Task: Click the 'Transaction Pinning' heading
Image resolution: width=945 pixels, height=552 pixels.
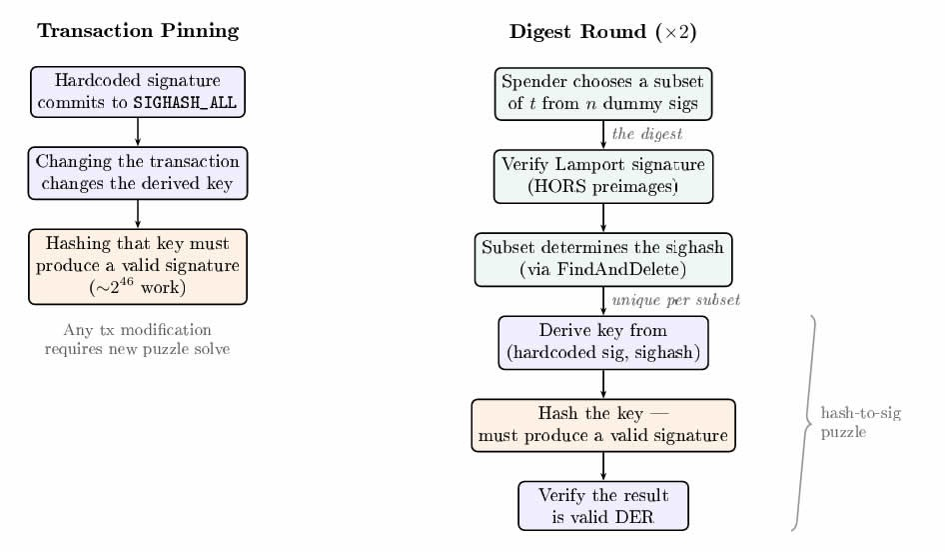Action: (138, 31)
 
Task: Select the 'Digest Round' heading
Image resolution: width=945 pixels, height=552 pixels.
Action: (602, 31)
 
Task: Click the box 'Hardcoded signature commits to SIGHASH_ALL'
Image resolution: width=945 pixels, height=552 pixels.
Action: (138, 92)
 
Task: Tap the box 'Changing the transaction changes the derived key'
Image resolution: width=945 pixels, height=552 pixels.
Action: (138, 173)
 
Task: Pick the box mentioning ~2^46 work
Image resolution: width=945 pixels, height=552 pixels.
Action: (138, 266)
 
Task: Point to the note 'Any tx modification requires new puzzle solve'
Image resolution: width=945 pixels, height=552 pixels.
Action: (138, 340)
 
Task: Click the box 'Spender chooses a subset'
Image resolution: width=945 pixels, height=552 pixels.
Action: (602, 93)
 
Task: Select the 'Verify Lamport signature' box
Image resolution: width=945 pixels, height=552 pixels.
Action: (602, 176)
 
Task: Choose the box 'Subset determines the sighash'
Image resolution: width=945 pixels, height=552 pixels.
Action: (602, 259)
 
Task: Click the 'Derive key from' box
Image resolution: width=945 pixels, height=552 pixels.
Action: (602, 342)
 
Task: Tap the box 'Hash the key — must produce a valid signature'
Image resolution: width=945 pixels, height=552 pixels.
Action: (602, 425)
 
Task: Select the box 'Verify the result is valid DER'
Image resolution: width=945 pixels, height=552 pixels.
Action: (602, 506)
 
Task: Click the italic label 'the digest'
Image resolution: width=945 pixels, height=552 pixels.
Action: (646, 134)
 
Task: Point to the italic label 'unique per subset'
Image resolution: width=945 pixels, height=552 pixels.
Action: (675, 300)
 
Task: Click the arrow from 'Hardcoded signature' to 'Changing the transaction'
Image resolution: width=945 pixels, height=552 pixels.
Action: (138, 132)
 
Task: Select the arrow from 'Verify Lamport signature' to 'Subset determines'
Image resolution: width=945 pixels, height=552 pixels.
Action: (602, 217)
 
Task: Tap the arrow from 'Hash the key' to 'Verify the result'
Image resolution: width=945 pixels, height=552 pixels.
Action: (602, 465)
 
